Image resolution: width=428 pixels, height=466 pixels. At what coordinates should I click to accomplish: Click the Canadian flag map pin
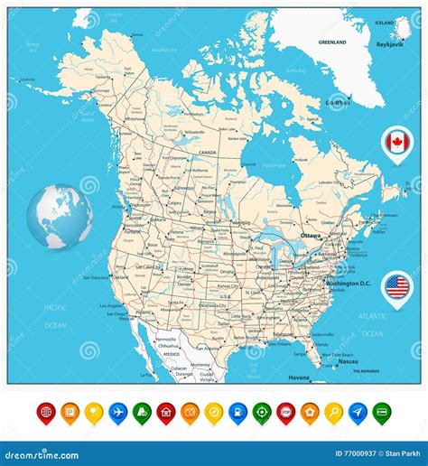tap(395, 142)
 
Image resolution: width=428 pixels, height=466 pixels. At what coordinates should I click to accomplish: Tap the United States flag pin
tap(395, 286)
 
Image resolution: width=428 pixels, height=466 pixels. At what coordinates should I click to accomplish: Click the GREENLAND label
tap(334, 42)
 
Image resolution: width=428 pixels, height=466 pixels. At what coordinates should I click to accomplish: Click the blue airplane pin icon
tap(117, 412)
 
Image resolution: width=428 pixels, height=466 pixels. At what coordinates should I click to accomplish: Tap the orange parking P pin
tap(70, 412)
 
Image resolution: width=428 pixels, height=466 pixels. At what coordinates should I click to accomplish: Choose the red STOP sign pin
tap(285, 412)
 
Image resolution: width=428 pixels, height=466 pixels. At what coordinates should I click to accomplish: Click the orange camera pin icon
tap(190, 412)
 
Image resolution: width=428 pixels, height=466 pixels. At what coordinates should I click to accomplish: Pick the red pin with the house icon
tap(166, 412)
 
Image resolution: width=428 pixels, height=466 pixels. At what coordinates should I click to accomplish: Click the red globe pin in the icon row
tap(46, 412)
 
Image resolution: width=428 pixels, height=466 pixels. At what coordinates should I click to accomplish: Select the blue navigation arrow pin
tap(358, 412)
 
